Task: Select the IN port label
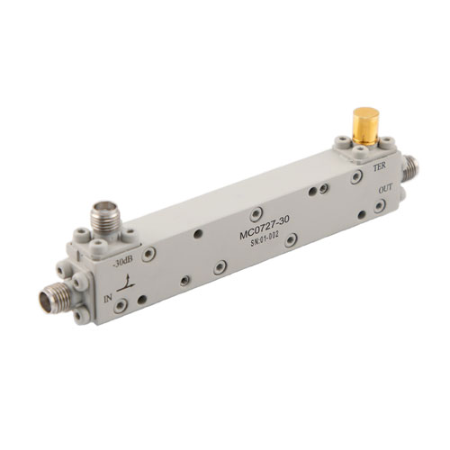click(x=109, y=296)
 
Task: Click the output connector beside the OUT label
click(x=412, y=167)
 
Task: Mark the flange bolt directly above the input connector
click(x=60, y=269)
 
